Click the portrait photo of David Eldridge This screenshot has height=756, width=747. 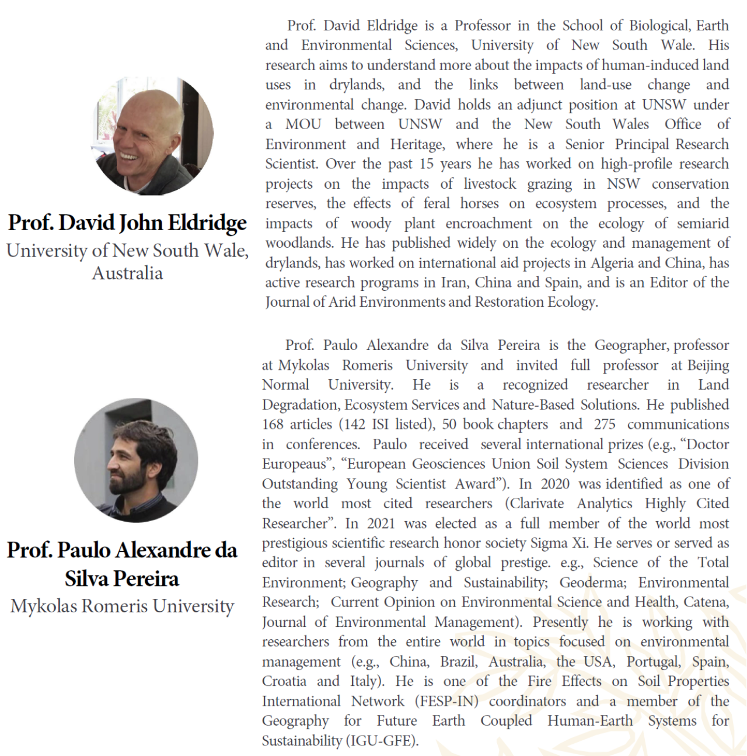click(153, 136)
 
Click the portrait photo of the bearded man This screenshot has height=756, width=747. click(136, 460)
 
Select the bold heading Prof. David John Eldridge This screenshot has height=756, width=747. click(127, 223)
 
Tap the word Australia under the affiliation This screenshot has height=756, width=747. click(127, 273)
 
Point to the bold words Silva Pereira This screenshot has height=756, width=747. click(122, 578)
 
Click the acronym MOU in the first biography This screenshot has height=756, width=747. click(303, 124)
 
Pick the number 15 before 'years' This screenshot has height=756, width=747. click(426, 164)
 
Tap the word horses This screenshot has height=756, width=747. click(479, 203)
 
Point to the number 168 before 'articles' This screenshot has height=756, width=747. click(273, 424)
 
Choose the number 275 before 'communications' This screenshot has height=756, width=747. click(605, 424)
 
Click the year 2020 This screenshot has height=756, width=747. click(554, 484)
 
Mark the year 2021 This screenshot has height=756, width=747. click(380, 523)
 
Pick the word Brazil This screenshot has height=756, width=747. click(458, 661)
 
